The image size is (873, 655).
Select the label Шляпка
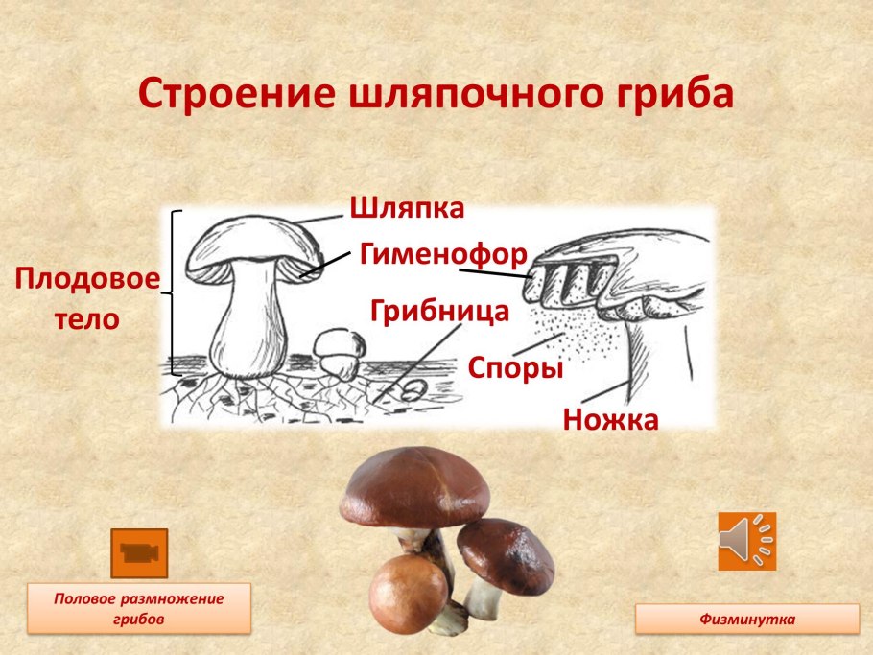click(406, 208)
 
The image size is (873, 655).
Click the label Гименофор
click(443, 254)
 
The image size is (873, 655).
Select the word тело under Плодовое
click(86, 318)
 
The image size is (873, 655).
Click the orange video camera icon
click(139, 553)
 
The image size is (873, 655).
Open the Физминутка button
click(747, 620)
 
